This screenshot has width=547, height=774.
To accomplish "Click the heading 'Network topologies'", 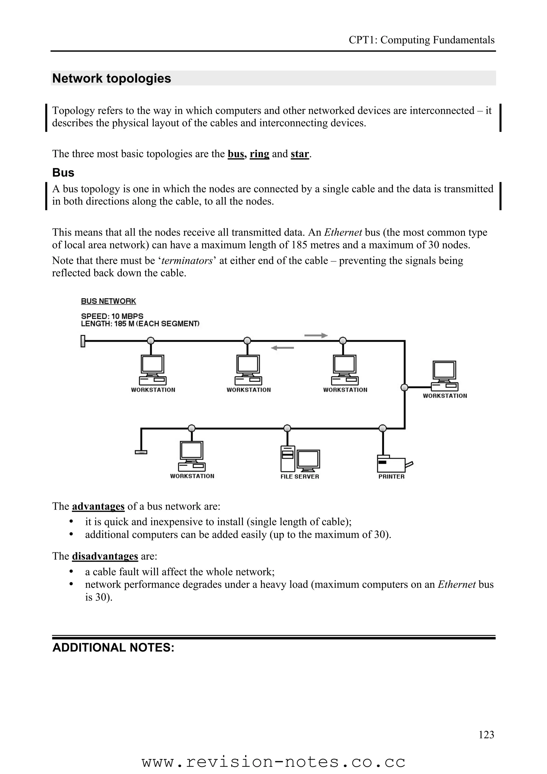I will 112,79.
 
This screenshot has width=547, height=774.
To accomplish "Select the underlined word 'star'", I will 300,154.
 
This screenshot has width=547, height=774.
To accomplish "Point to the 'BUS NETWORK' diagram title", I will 108,301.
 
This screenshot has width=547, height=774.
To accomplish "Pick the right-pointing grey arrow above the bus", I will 316,335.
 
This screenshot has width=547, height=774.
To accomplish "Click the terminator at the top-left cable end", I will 83,341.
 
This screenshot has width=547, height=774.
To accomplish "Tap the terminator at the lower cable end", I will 141,452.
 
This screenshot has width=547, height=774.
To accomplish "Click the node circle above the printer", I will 382,428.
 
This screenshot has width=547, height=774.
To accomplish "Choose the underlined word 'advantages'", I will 98,506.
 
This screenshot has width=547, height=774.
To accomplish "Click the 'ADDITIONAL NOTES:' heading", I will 113,648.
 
